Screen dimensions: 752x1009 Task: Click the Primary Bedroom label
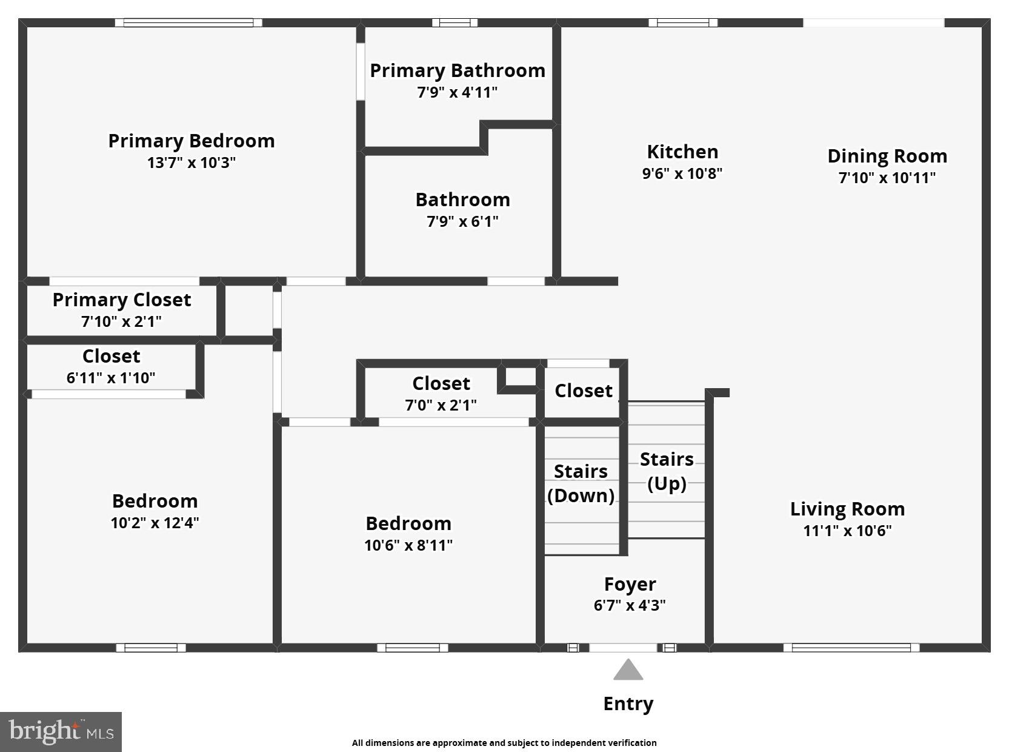(191, 141)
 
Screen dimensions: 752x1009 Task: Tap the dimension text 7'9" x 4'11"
(457, 93)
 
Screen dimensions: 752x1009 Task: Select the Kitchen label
(682, 152)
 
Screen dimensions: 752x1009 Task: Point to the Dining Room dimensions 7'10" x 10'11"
(887, 178)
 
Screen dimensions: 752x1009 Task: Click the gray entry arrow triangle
(628, 670)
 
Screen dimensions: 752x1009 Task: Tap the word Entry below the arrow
(628, 703)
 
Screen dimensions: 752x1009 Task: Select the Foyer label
(630, 584)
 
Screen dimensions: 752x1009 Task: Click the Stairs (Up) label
(667, 471)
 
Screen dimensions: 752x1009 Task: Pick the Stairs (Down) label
(581, 483)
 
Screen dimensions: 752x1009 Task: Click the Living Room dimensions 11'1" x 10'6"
(847, 531)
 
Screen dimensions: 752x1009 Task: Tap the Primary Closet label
(122, 300)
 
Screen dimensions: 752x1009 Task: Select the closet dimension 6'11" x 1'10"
(111, 378)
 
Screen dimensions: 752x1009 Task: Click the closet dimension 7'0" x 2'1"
(441, 405)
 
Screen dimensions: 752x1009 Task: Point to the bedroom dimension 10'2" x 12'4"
(155, 523)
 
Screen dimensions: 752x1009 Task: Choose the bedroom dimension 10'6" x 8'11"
(408, 545)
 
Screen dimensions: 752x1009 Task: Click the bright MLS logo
(61, 731)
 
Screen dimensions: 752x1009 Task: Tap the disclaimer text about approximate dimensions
(504, 743)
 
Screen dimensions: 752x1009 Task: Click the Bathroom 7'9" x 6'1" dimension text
(462, 221)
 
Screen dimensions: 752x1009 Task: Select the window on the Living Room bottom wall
(851, 648)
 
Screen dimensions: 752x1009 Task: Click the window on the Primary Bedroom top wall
(188, 23)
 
